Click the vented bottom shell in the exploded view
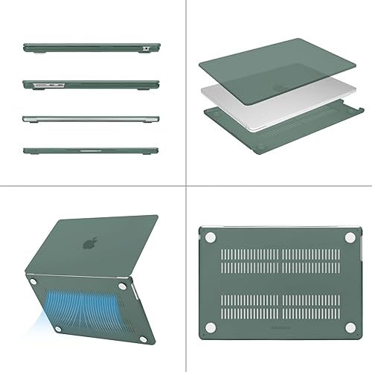(283, 126)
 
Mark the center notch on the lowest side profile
(90, 151)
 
